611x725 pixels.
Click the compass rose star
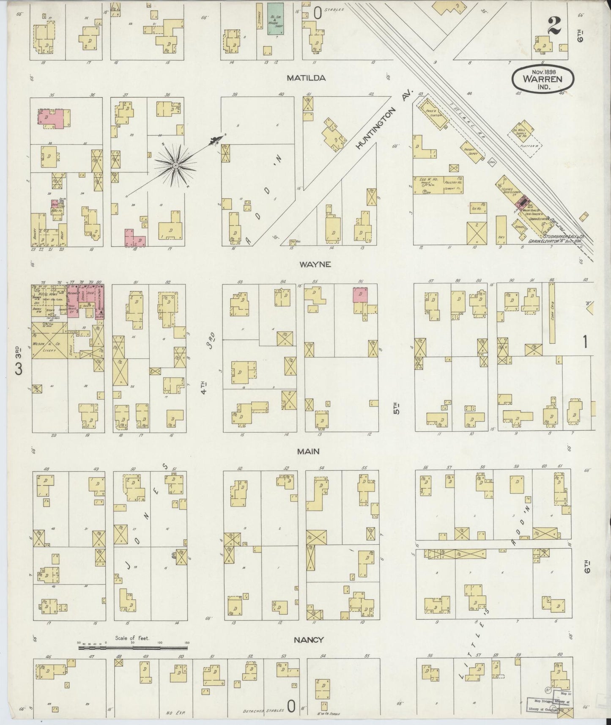coord(175,165)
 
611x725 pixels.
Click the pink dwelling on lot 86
coord(361,295)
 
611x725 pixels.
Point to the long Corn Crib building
coord(552,313)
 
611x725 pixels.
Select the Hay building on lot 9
coord(501,230)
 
